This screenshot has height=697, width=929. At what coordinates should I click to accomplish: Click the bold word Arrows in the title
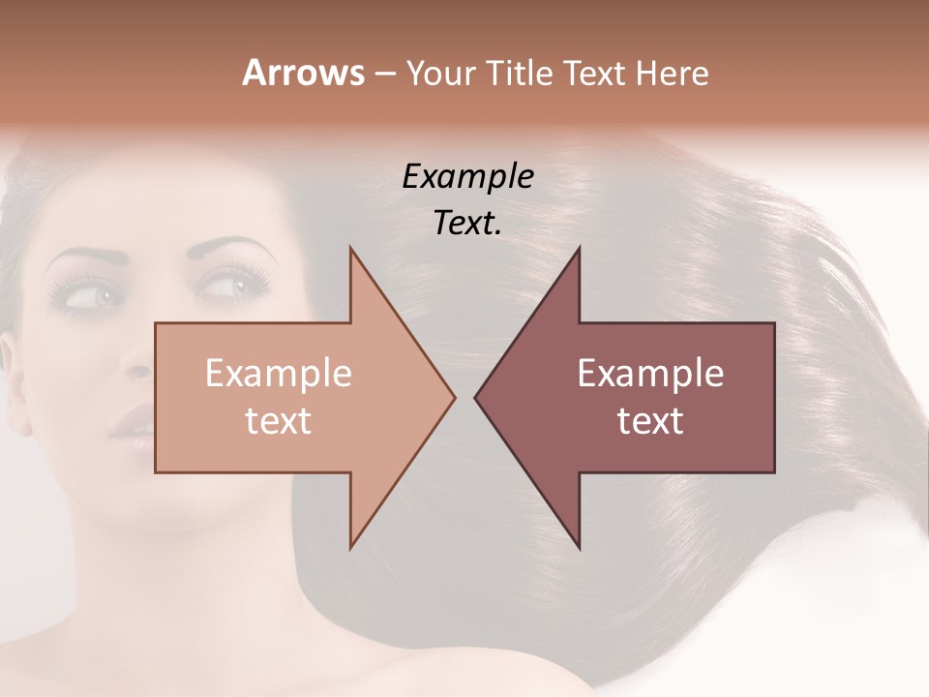click(303, 73)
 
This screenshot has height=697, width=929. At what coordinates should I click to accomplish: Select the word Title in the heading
click(519, 73)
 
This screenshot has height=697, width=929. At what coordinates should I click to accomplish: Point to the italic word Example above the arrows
click(467, 177)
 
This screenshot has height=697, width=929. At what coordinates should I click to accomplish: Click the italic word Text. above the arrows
click(467, 223)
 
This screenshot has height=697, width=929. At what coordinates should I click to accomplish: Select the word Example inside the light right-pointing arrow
click(278, 373)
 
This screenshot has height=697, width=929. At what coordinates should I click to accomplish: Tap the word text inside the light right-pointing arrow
click(278, 420)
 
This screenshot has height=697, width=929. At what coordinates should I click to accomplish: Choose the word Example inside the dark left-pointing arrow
click(650, 373)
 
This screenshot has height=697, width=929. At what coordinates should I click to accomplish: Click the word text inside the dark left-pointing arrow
click(650, 420)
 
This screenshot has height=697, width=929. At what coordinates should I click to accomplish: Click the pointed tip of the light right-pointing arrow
click(454, 396)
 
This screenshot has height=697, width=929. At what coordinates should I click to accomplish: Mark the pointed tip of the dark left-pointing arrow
click(475, 396)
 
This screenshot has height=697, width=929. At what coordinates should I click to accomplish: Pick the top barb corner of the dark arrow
click(579, 248)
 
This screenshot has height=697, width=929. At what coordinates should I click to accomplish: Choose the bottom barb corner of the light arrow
click(350, 548)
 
